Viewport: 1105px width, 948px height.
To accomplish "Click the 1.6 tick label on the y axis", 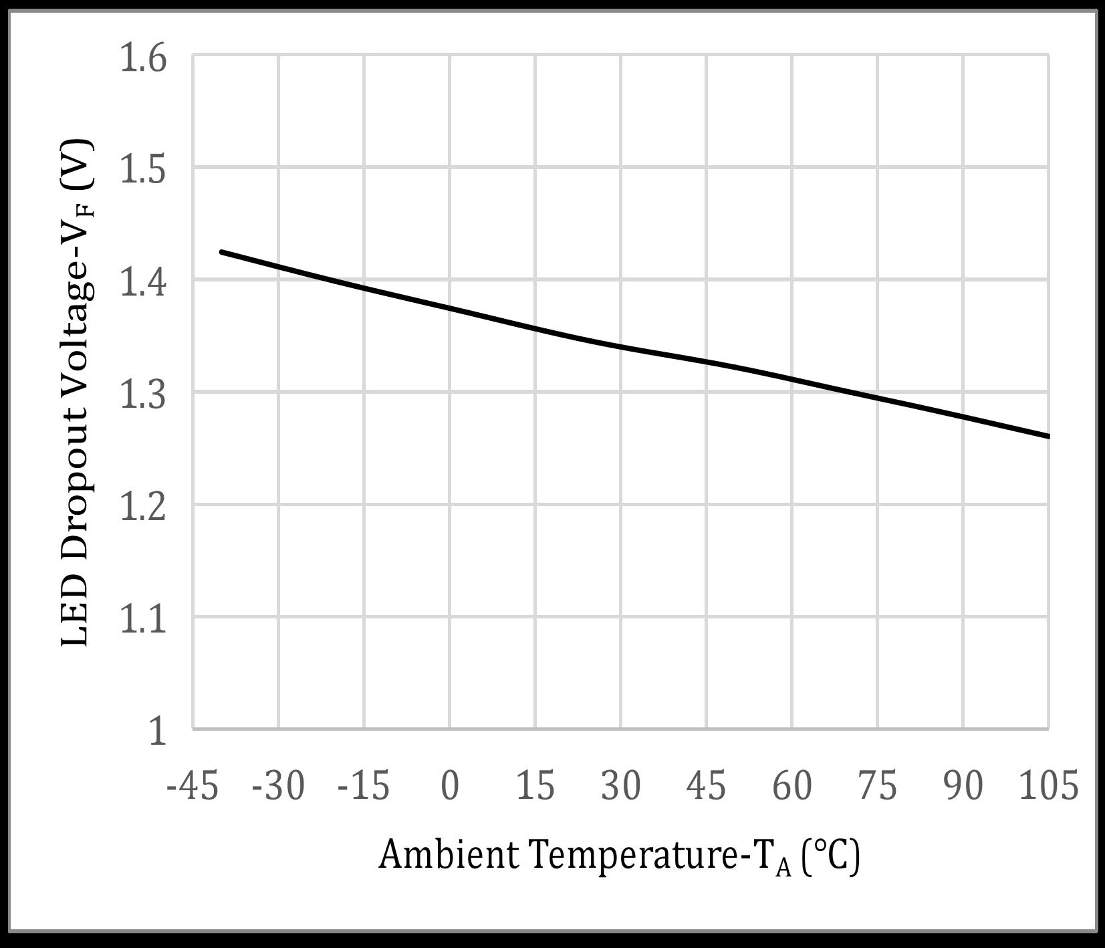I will pos(142,58).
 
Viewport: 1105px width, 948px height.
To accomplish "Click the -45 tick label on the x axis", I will pos(193,785).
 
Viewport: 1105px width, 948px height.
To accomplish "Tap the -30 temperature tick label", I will pos(278,785).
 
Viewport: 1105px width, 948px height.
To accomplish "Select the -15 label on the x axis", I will pos(364,785).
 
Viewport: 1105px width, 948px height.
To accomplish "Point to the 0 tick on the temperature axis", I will pos(450,785).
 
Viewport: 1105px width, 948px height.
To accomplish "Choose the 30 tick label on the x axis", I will pos(621,785).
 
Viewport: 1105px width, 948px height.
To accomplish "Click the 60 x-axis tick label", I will pos(792,785).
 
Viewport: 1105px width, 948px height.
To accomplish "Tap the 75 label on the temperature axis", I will pos(878,785).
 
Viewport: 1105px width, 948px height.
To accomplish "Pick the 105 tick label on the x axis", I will pos(1048,785).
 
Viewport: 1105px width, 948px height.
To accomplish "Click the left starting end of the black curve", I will pos(221,252).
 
